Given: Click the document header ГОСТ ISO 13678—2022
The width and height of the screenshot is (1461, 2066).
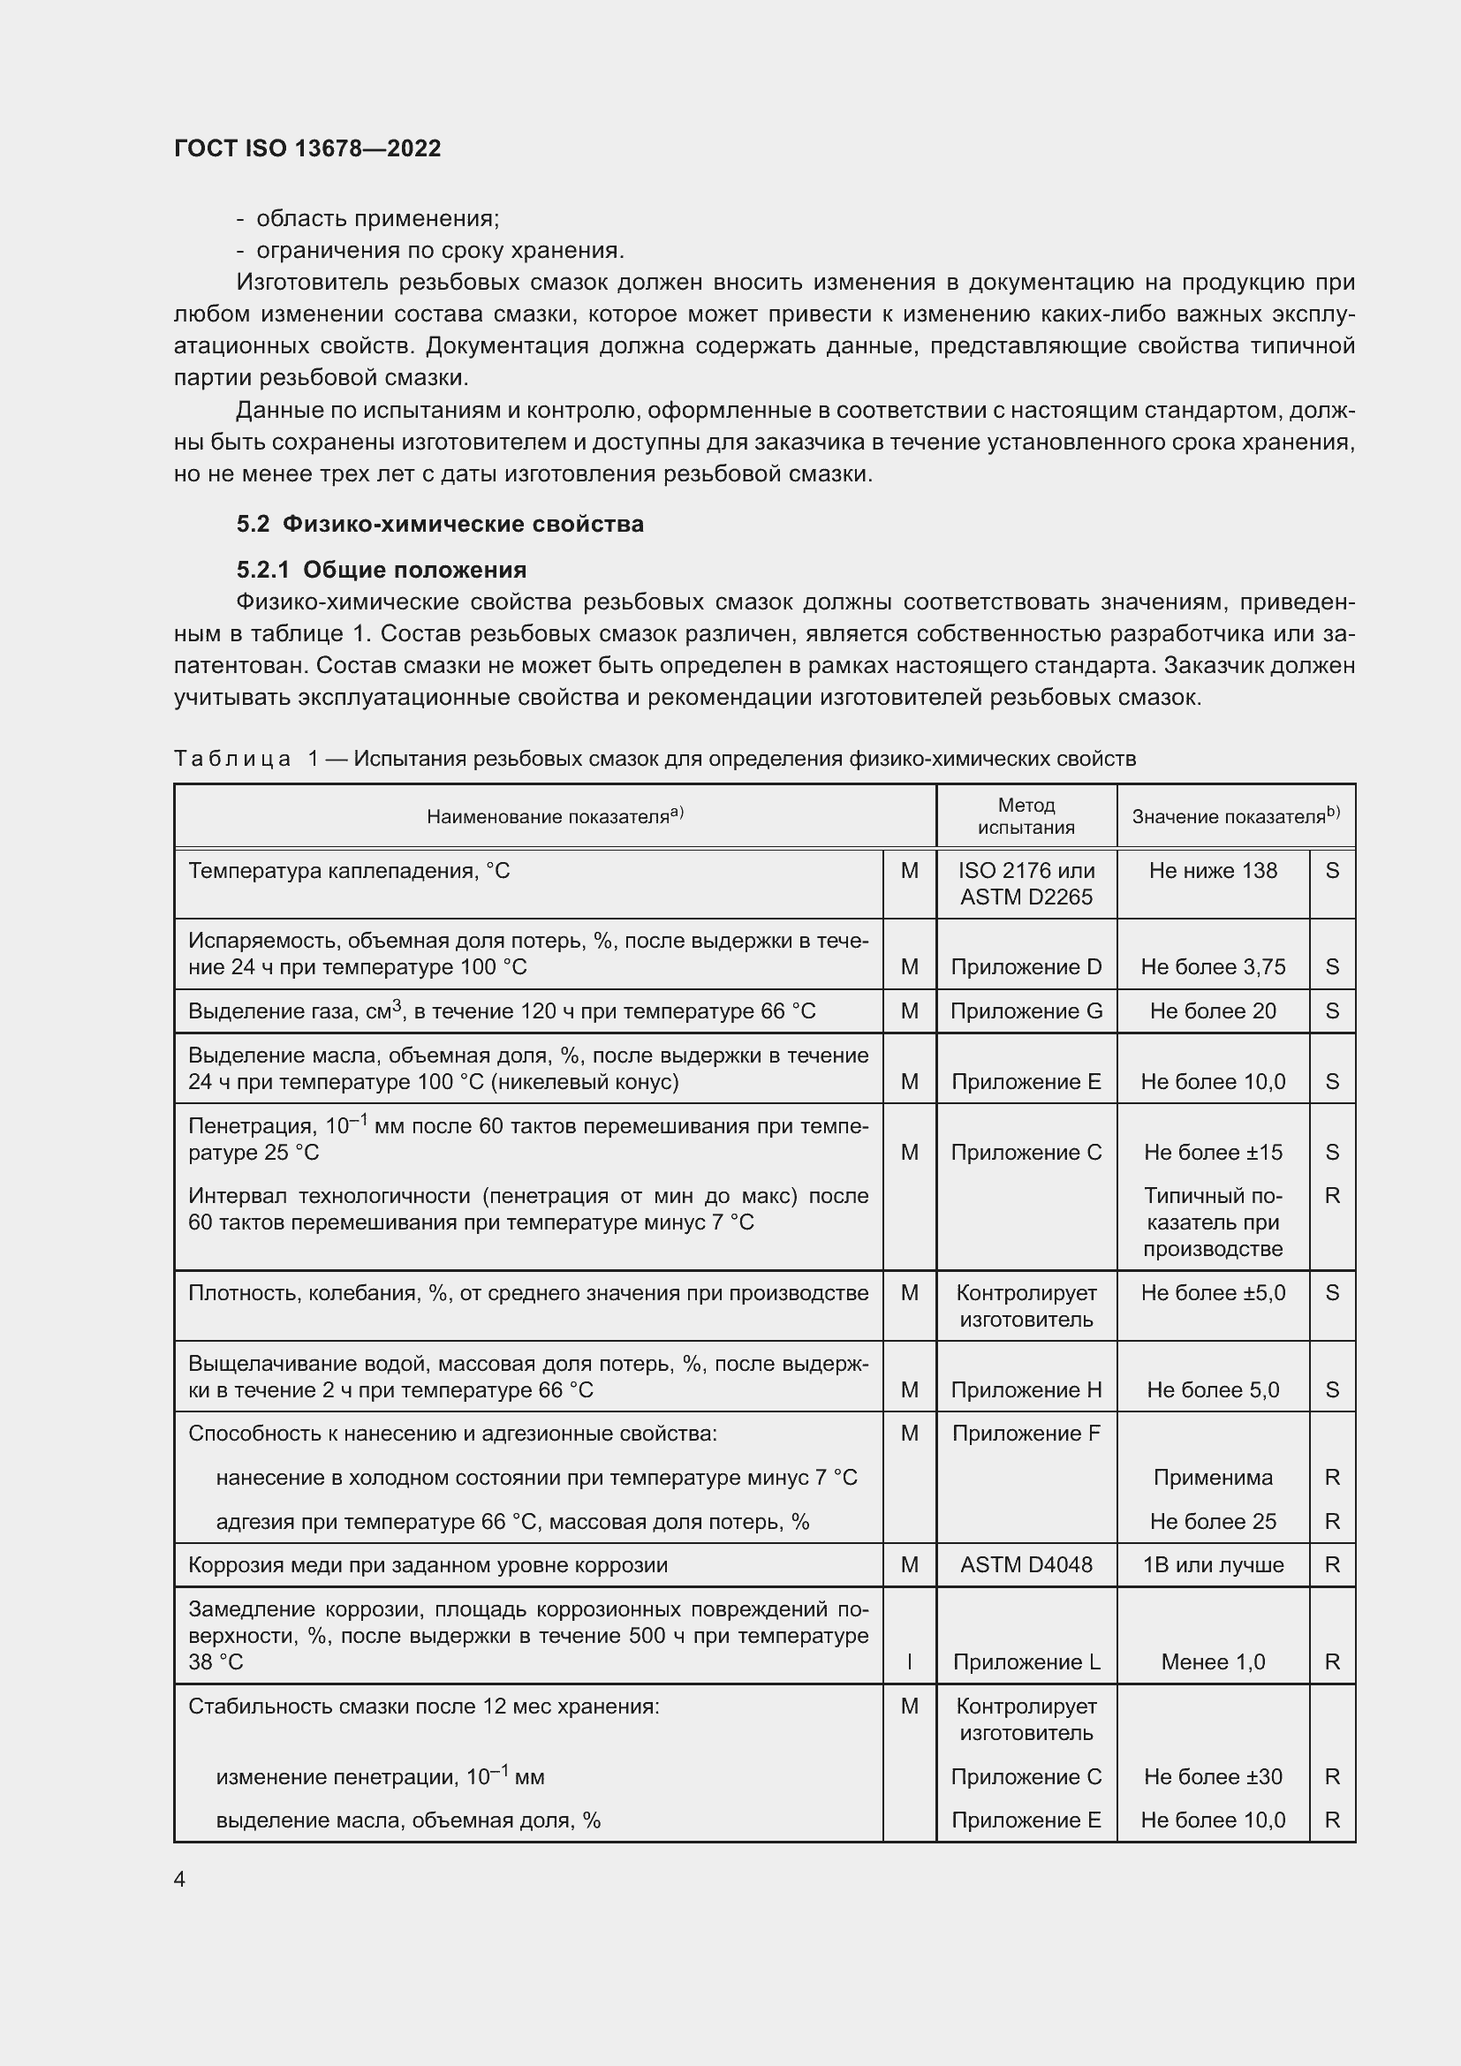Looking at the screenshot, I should pyautogui.click(x=307, y=148).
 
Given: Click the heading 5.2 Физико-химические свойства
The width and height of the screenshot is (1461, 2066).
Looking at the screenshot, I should pyautogui.click(x=440, y=524).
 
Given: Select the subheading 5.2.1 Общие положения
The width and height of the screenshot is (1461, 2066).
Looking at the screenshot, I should pyautogui.click(x=382, y=570).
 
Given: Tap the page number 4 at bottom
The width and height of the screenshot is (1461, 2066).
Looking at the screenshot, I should pyautogui.click(x=180, y=1879).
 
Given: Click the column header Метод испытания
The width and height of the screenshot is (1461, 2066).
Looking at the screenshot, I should pyautogui.click(x=1026, y=816).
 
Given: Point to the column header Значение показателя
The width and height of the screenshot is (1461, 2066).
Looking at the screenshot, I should pyautogui.click(x=1234, y=816).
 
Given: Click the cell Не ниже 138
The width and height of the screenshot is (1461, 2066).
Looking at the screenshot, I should pyautogui.click(x=1213, y=870).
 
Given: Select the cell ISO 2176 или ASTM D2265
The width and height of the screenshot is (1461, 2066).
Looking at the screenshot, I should pyautogui.click(x=1026, y=883).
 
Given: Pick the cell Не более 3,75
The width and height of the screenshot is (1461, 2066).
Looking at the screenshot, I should pyautogui.click(x=1213, y=966).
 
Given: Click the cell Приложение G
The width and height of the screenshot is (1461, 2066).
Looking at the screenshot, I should pyautogui.click(x=1026, y=1010).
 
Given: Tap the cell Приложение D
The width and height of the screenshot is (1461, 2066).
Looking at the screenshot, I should pyautogui.click(x=1026, y=966).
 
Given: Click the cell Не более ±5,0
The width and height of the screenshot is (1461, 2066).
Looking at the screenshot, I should pyautogui.click(x=1213, y=1293).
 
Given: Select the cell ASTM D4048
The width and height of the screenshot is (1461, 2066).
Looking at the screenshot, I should pyautogui.click(x=1026, y=1565).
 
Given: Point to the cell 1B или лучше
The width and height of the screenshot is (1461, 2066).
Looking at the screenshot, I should pyautogui.click(x=1213, y=1565).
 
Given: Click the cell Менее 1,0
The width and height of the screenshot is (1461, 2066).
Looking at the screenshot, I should pyautogui.click(x=1213, y=1662).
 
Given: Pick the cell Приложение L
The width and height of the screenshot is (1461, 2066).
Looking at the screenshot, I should pyautogui.click(x=1026, y=1662).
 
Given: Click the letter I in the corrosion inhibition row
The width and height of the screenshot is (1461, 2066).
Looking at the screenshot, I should pyautogui.click(x=909, y=1662).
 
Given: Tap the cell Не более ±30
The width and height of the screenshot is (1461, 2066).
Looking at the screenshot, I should pyautogui.click(x=1213, y=1777).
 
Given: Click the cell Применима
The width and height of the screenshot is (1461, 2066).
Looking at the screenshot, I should pyautogui.click(x=1213, y=1478).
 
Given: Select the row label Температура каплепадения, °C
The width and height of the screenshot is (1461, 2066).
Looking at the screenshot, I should pyautogui.click(x=349, y=870).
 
